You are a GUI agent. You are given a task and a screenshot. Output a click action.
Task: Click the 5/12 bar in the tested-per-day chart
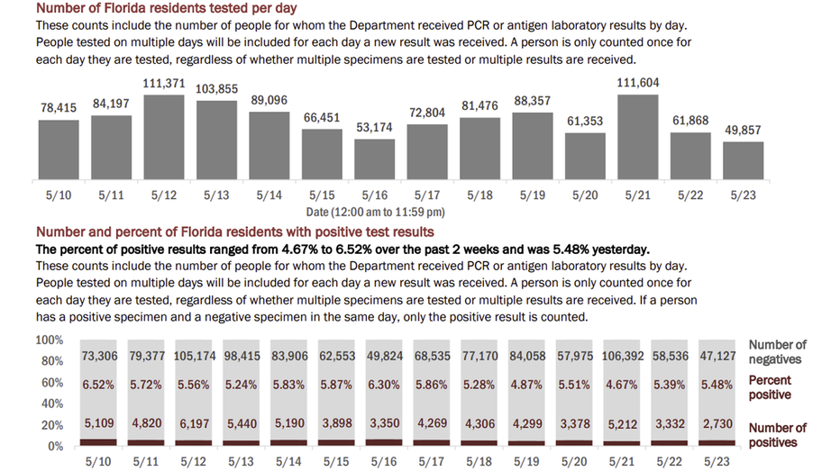click(x=164, y=137)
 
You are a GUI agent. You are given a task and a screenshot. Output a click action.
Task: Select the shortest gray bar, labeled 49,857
click(x=743, y=160)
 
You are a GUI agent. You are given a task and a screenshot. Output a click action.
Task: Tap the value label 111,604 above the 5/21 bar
click(x=637, y=83)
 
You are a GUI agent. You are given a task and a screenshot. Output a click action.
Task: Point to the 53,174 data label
click(x=374, y=127)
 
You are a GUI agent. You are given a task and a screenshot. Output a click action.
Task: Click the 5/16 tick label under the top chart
click(x=374, y=195)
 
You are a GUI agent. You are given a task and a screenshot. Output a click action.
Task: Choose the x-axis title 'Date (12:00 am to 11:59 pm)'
click(x=375, y=212)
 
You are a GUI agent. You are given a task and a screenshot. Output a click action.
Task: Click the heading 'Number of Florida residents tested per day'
click(x=166, y=8)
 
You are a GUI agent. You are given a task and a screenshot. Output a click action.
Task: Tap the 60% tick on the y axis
click(x=52, y=383)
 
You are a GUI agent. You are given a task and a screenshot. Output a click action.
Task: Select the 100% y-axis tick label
click(x=50, y=340)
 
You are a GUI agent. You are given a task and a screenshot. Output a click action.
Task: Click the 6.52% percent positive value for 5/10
click(x=98, y=385)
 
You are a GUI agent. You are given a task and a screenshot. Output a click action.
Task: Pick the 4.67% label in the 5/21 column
click(x=621, y=385)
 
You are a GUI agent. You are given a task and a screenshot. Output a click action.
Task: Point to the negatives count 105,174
click(x=195, y=356)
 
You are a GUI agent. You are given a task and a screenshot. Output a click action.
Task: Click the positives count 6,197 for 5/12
click(x=195, y=424)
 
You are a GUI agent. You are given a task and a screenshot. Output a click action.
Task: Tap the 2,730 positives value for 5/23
click(x=717, y=424)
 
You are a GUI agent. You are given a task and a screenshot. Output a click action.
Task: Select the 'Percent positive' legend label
click(x=770, y=387)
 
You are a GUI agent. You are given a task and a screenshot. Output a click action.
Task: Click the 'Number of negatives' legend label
click(x=777, y=351)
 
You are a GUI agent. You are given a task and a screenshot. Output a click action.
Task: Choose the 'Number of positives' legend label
click(x=777, y=435)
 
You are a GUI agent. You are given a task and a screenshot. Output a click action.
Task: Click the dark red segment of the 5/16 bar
click(x=384, y=442)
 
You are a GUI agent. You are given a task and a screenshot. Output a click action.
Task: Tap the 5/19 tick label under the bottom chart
click(x=526, y=461)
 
